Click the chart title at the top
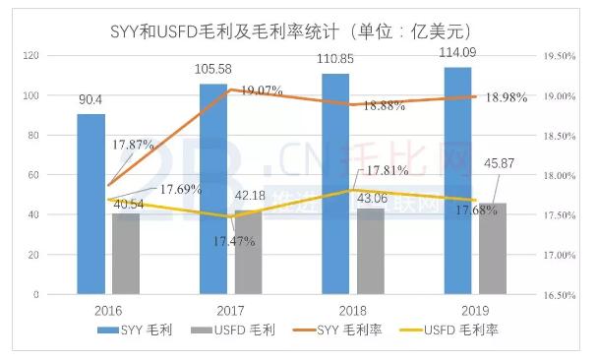298,37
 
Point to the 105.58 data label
213,69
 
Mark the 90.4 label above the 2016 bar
91,98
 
